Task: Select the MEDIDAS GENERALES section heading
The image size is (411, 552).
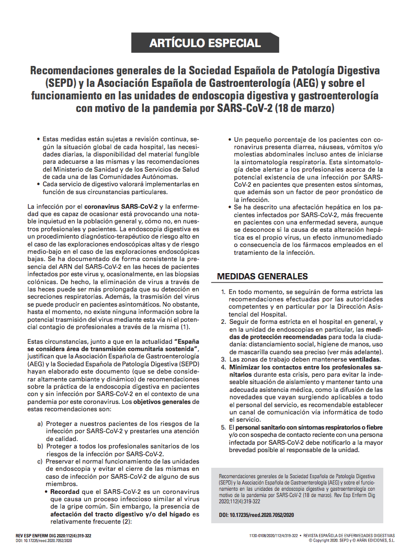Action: point(262,276)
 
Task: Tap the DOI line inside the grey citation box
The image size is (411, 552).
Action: point(256,515)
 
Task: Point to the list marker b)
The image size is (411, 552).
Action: point(40,446)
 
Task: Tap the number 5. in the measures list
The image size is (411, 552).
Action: point(224,427)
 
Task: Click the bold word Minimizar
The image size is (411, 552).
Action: point(248,368)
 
